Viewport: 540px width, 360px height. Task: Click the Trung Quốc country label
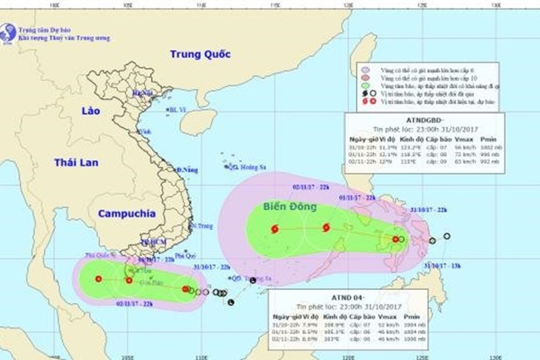(x=199, y=54)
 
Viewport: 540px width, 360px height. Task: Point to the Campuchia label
(x=126, y=214)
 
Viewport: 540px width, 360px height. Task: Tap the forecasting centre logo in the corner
(x=8, y=31)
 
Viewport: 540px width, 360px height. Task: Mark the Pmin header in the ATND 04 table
(x=411, y=317)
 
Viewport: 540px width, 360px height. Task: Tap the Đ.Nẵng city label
(x=187, y=170)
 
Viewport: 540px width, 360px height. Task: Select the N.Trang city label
(x=202, y=227)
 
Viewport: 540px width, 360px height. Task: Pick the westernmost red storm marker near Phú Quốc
(x=99, y=279)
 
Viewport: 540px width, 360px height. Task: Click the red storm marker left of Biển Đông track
(x=275, y=229)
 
